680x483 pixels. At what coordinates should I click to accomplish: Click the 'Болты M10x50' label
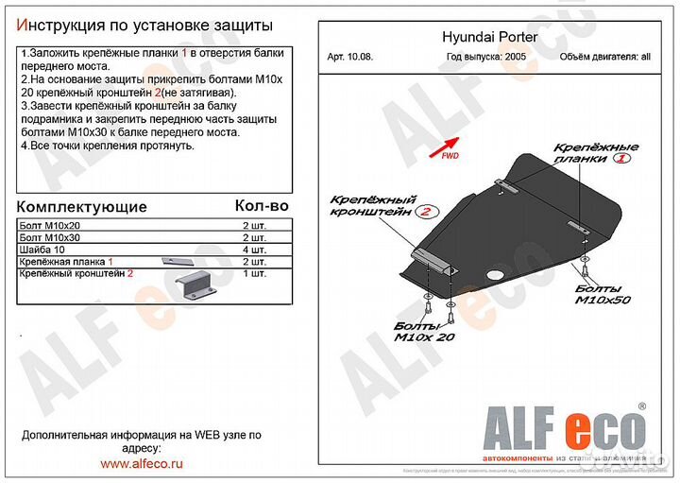click(x=602, y=293)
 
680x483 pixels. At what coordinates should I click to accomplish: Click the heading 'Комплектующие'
click(x=83, y=207)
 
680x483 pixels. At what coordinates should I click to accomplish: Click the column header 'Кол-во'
click(x=262, y=204)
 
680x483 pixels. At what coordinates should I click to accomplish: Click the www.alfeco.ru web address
click(x=141, y=464)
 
